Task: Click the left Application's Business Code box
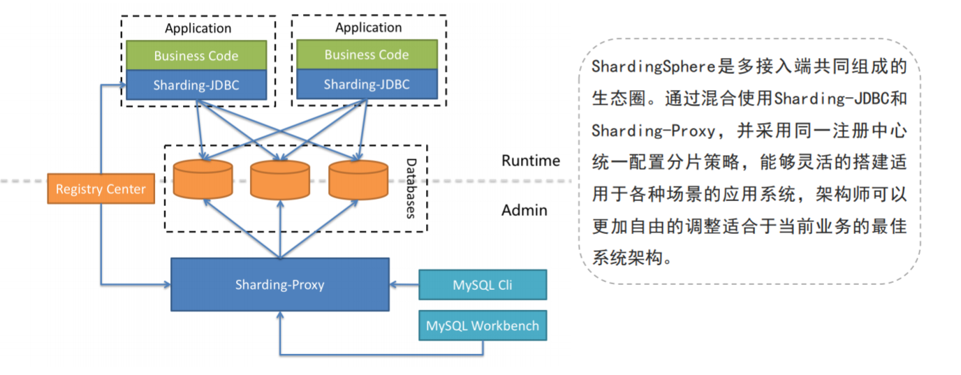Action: click(196, 56)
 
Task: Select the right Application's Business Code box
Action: click(367, 54)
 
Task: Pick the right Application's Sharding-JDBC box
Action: click(367, 84)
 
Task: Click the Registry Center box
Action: click(101, 189)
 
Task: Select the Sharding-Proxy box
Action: click(279, 284)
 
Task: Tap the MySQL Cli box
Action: click(482, 285)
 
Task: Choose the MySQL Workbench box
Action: click(482, 325)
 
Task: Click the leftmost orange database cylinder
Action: click(203, 179)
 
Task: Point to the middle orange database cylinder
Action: click(279, 179)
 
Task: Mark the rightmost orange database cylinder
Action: click(358, 179)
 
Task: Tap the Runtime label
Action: click(531, 161)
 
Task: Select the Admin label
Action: click(524, 210)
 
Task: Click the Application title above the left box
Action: click(198, 29)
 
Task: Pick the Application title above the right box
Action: click(368, 28)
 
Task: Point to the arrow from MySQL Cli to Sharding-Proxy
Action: click(404, 284)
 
